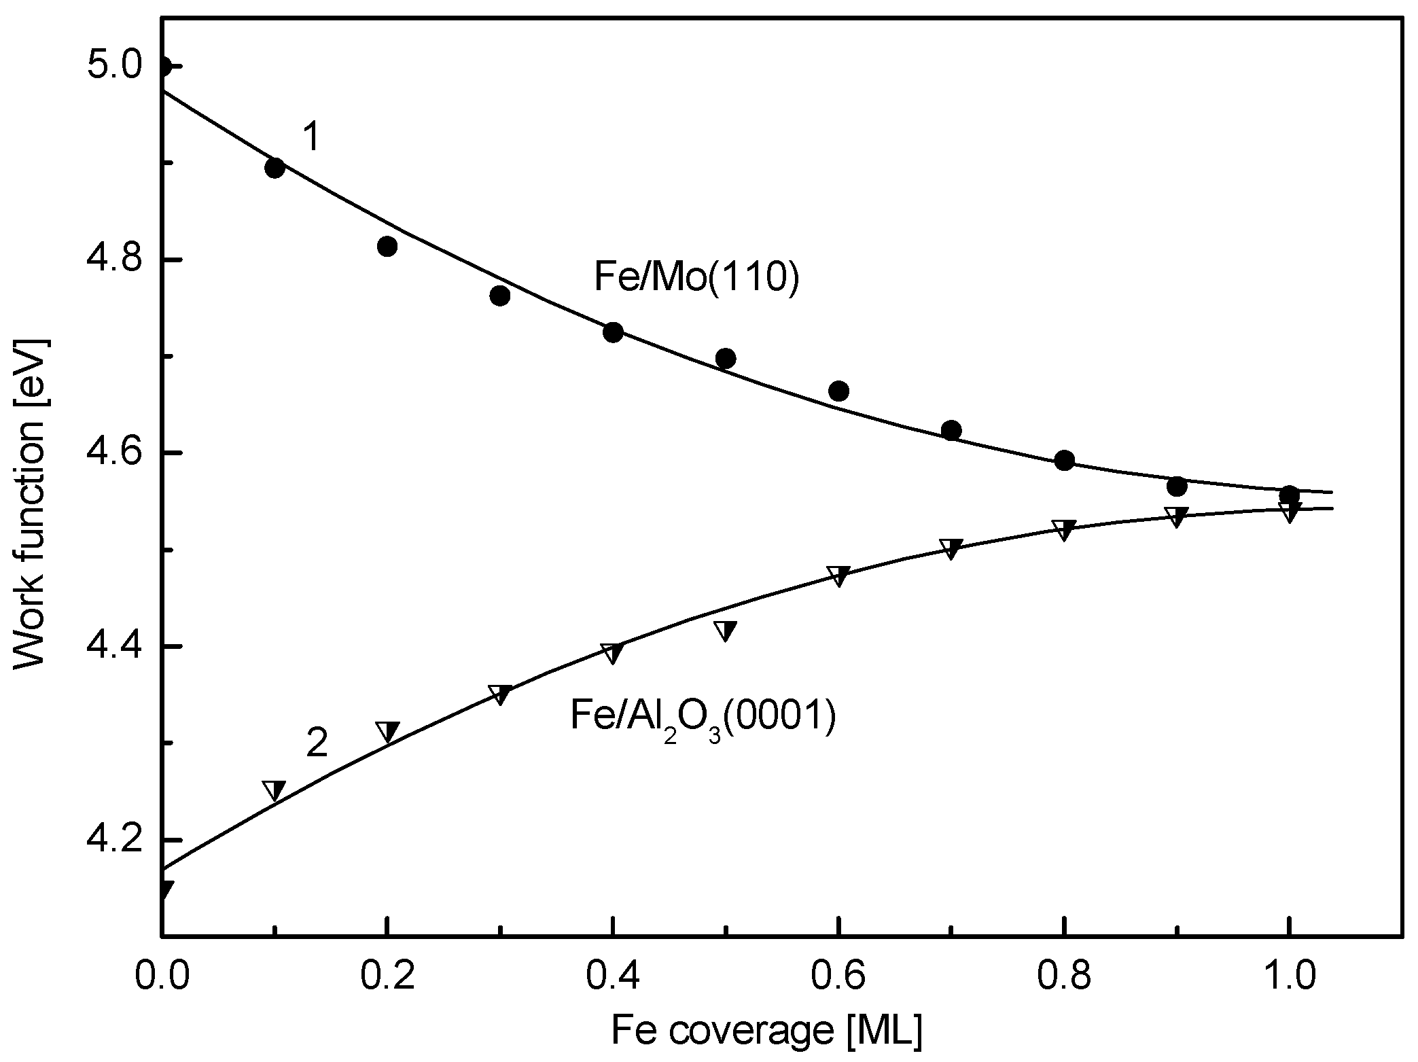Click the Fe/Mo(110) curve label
click(x=696, y=279)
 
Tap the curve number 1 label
click(x=311, y=137)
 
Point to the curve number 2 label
click(x=317, y=743)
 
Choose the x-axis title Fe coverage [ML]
click(x=766, y=1032)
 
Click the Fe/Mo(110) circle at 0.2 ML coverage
click(x=387, y=247)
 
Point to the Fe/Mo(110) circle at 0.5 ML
click(x=726, y=358)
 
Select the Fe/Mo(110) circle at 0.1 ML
click(x=274, y=168)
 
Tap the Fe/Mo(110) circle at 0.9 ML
click(x=1177, y=486)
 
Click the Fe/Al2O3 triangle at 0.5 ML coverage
click(x=726, y=630)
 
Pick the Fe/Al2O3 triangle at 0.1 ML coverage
click(x=274, y=790)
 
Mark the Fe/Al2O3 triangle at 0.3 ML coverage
click(x=500, y=694)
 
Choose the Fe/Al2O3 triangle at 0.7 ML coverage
click(x=951, y=548)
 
